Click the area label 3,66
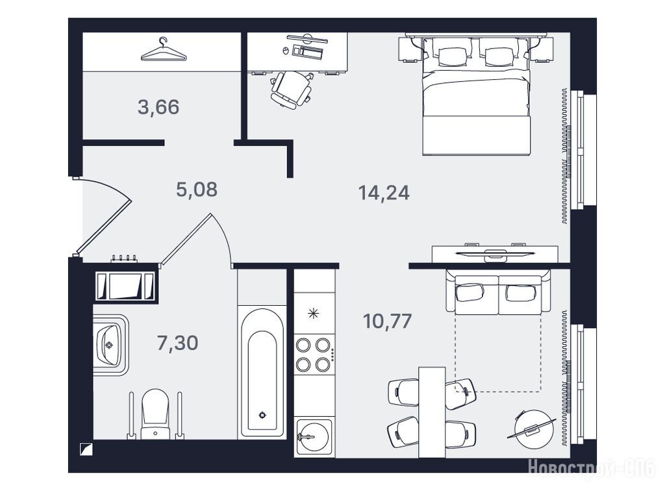point(158,107)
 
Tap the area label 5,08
point(197,189)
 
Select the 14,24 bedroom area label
point(384,193)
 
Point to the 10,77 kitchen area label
point(387,321)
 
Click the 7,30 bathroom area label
point(177,343)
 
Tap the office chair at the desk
point(292,90)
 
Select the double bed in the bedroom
point(477,95)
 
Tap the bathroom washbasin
point(109,345)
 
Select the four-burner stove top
point(314,355)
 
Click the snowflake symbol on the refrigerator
point(313,314)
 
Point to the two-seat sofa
point(498,292)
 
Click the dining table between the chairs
point(432,412)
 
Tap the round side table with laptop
point(534,429)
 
